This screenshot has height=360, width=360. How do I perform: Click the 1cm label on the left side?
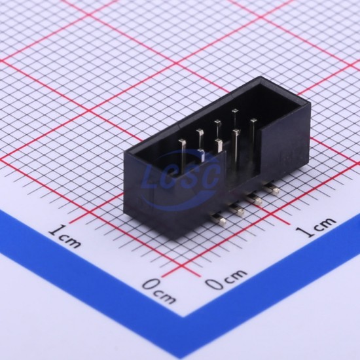[65, 236]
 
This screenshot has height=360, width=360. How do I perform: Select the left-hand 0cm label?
[159, 291]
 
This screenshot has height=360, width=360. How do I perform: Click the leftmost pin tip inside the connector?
[182, 141]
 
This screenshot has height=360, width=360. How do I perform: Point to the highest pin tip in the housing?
[235, 111]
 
